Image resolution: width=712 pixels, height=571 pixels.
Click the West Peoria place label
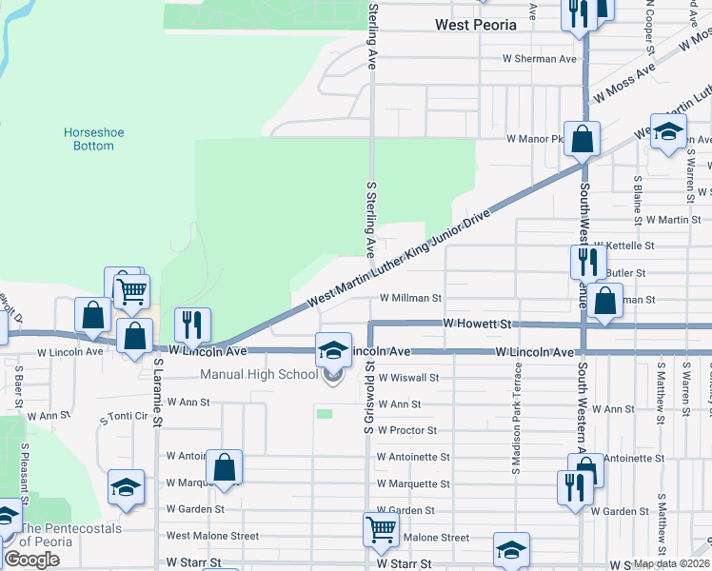coord(475,25)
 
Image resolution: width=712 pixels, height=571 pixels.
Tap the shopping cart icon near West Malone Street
coord(381,529)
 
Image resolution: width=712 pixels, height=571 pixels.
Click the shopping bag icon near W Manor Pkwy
coord(583,138)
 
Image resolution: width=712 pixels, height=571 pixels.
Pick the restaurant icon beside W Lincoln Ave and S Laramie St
coord(193,325)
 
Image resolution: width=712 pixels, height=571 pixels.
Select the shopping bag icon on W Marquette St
coord(224,468)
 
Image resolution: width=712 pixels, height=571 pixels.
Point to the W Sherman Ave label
coord(541,59)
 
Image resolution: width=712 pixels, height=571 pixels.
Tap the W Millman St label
coord(411,298)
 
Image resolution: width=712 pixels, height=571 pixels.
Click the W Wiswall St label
coord(407,377)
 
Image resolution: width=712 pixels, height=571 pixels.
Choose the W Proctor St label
coord(406,430)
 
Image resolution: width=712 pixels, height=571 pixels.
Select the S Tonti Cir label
coord(125,417)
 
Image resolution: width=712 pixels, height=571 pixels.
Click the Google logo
coord(31,560)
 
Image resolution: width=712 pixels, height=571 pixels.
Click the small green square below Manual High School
coord(326,413)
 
